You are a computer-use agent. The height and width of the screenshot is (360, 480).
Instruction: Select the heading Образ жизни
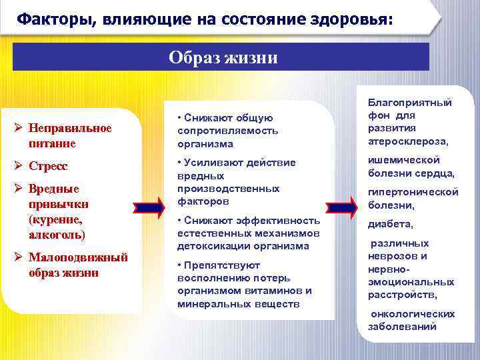point(223,57)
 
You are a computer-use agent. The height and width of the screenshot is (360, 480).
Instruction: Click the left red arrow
point(153,208)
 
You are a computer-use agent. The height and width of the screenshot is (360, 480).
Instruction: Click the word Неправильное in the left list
point(71,128)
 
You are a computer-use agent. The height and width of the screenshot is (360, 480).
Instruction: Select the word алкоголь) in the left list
point(57,235)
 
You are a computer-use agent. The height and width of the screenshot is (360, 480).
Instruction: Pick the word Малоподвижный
point(73,257)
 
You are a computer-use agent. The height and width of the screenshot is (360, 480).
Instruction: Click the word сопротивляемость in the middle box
point(227,131)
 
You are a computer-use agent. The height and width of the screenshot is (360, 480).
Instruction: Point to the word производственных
point(228,189)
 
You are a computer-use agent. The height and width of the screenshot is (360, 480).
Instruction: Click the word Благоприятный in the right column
point(409,103)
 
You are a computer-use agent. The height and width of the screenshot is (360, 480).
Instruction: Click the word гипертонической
point(413,192)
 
